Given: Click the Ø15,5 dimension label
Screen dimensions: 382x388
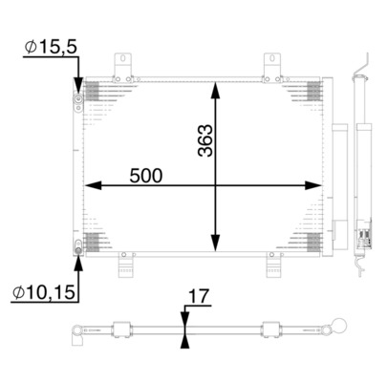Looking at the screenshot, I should pyautogui.click(x=46, y=44).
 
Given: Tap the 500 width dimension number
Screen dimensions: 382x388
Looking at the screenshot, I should pyautogui.click(x=145, y=175).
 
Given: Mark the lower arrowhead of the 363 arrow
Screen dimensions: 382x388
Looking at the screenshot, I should pyautogui.click(x=219, y=245).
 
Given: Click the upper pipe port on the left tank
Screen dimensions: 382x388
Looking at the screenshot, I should pyautogui.click(x=78, y=96).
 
